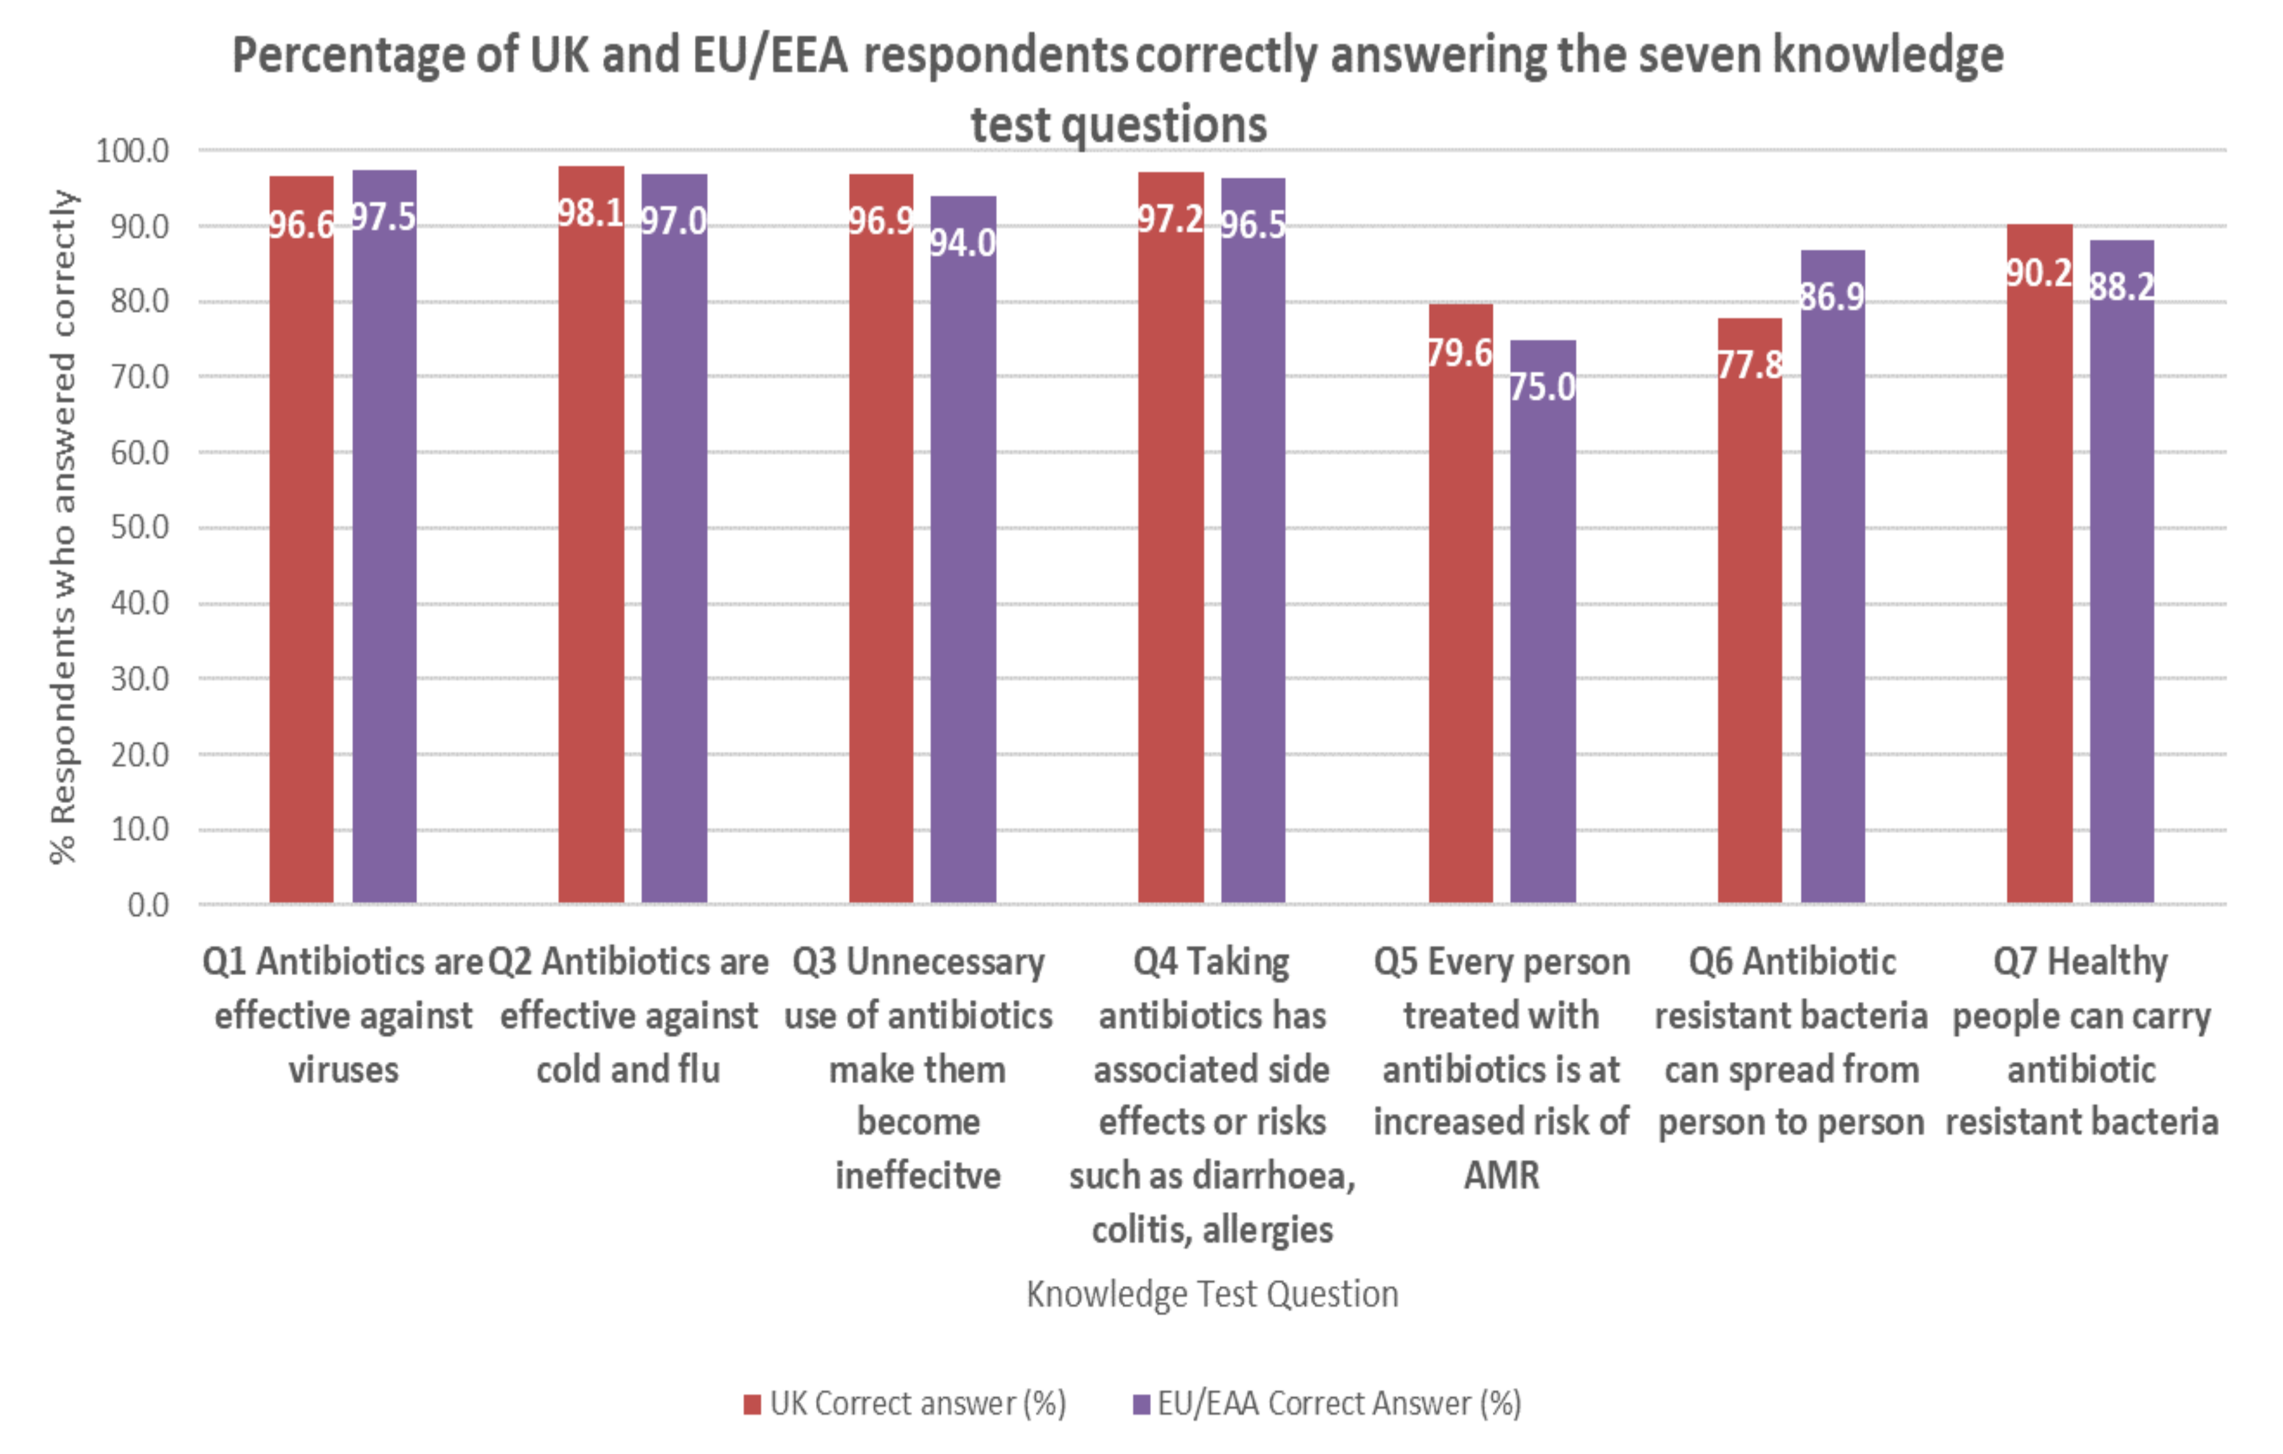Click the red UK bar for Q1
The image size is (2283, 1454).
[301, 569]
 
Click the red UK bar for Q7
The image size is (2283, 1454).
[2040, 587]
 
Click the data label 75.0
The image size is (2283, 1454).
[1542, 387]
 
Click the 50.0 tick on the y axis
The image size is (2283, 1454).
[139, 528]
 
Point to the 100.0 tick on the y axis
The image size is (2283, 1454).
[132, 151]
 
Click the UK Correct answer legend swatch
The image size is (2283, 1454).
[752, 1404]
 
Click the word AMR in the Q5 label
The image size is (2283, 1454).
[1501, 1176]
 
